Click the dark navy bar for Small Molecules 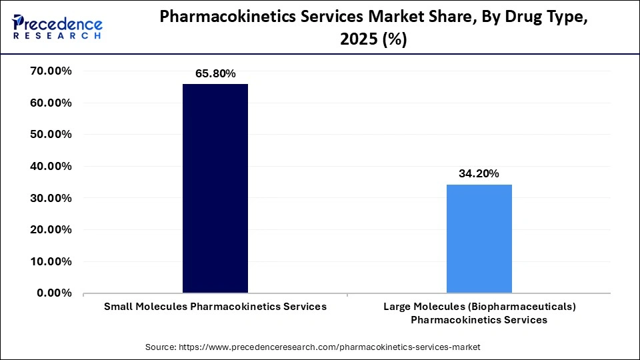(215, 188)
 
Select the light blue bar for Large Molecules (479, 239)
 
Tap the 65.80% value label (215, 74)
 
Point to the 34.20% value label (479, 173)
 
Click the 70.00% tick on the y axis (51, 71)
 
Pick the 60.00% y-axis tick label (51, 103)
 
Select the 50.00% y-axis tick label (51, 135)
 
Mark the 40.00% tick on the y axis (51, 166)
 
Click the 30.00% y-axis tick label (51, 198)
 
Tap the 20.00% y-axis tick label (51, 229)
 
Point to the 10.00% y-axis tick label (51, 261)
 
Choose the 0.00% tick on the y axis (54, 293)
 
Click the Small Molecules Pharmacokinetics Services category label (215, 307)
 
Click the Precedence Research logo (57, 27)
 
